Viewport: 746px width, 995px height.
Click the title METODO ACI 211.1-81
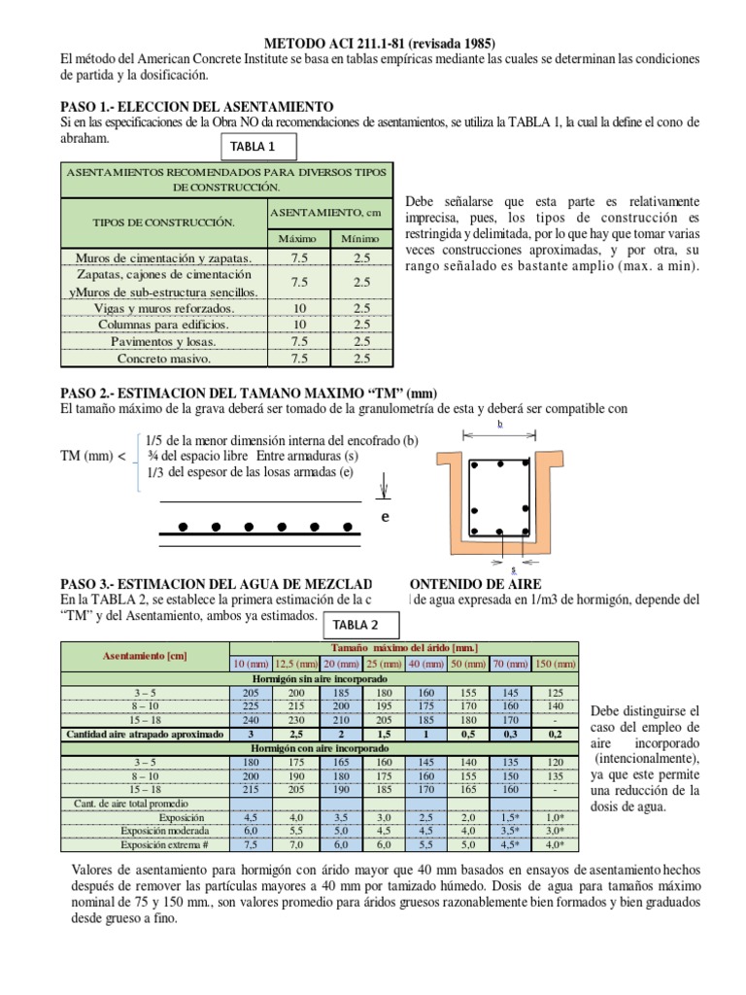coord(380,44)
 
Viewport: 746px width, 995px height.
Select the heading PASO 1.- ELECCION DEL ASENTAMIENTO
coord(197,106)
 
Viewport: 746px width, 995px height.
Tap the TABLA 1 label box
coord(254,148)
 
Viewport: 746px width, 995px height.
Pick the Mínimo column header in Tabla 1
coord(360,239)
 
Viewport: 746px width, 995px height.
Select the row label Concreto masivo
coord(163,359)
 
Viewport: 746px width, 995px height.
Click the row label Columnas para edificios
coord(163,325)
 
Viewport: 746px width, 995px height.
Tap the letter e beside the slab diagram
coord(385,517)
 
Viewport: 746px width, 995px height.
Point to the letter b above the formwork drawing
coord(499,425)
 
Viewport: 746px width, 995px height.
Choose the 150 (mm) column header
coord(556,664)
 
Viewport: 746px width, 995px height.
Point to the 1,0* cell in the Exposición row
coord(556,818)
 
